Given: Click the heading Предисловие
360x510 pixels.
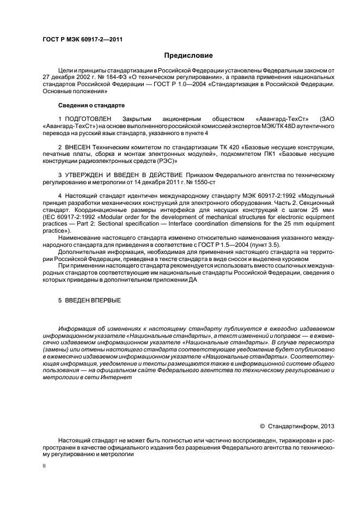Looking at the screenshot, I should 188,56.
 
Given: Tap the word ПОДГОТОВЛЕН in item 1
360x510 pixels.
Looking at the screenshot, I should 88,118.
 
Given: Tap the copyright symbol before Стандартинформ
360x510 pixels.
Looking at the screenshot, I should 263,426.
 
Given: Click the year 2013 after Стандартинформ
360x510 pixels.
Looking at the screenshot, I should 326,426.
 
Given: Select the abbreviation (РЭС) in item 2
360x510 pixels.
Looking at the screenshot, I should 162,161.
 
